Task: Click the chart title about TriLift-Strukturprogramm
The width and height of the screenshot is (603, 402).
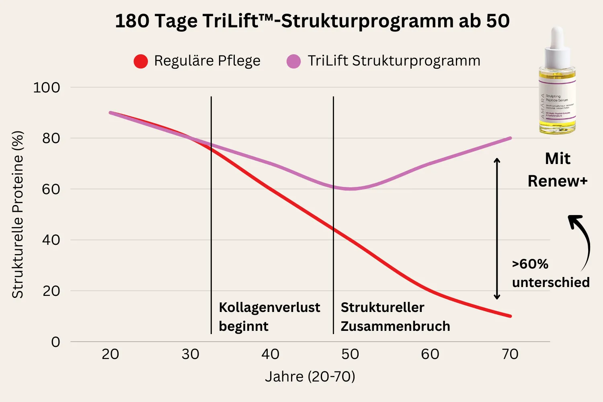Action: click(312, 21)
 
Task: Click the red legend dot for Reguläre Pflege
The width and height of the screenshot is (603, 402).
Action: click(141, 61)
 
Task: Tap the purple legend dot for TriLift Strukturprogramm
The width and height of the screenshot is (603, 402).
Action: click(293, 61)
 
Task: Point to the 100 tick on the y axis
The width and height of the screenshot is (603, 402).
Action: click(46, 88)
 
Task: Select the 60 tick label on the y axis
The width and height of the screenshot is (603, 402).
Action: click(51, 189)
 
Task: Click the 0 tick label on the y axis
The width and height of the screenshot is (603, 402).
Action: click(55, 342)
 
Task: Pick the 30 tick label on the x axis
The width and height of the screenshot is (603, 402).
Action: click(190, 354)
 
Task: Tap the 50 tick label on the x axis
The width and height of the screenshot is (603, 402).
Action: click(350, 354)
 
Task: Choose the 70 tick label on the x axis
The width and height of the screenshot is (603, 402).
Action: click(510, 354)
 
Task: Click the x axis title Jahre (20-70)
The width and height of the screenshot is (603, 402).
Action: click(310, 377)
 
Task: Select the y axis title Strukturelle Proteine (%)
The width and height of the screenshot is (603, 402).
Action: click(18, 215)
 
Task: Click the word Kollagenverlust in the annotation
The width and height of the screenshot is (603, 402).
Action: click(269, 308)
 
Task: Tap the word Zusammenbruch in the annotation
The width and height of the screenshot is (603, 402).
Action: click(395, 326)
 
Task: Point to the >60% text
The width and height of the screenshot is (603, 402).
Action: click(530, 264)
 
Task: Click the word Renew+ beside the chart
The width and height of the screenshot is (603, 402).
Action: click(557, 181)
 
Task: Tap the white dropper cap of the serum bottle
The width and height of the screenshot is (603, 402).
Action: click(557, 44)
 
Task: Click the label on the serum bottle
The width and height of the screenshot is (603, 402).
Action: click(557, 105)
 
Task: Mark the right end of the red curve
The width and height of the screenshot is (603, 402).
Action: click(510, 316)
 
